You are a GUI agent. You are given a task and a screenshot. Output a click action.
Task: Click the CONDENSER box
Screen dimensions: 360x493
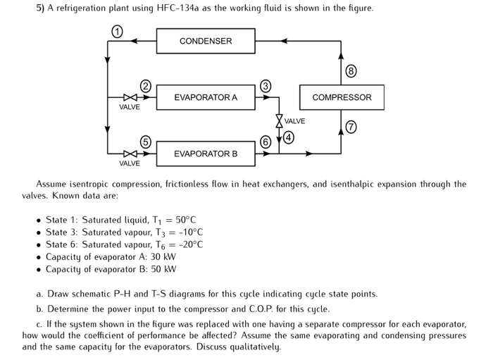pos(205,41)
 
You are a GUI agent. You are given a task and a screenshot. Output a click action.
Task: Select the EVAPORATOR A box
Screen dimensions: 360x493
pos(205,97)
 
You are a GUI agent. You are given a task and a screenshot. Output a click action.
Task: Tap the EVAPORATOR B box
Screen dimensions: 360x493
pos(205,153)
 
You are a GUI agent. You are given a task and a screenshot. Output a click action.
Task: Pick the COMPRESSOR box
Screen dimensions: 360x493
pos(342,97)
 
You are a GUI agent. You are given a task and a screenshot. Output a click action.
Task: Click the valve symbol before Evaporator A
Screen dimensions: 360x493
pos(128,97)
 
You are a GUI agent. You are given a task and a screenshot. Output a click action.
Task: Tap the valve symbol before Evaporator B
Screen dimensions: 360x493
pos(128,153)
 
